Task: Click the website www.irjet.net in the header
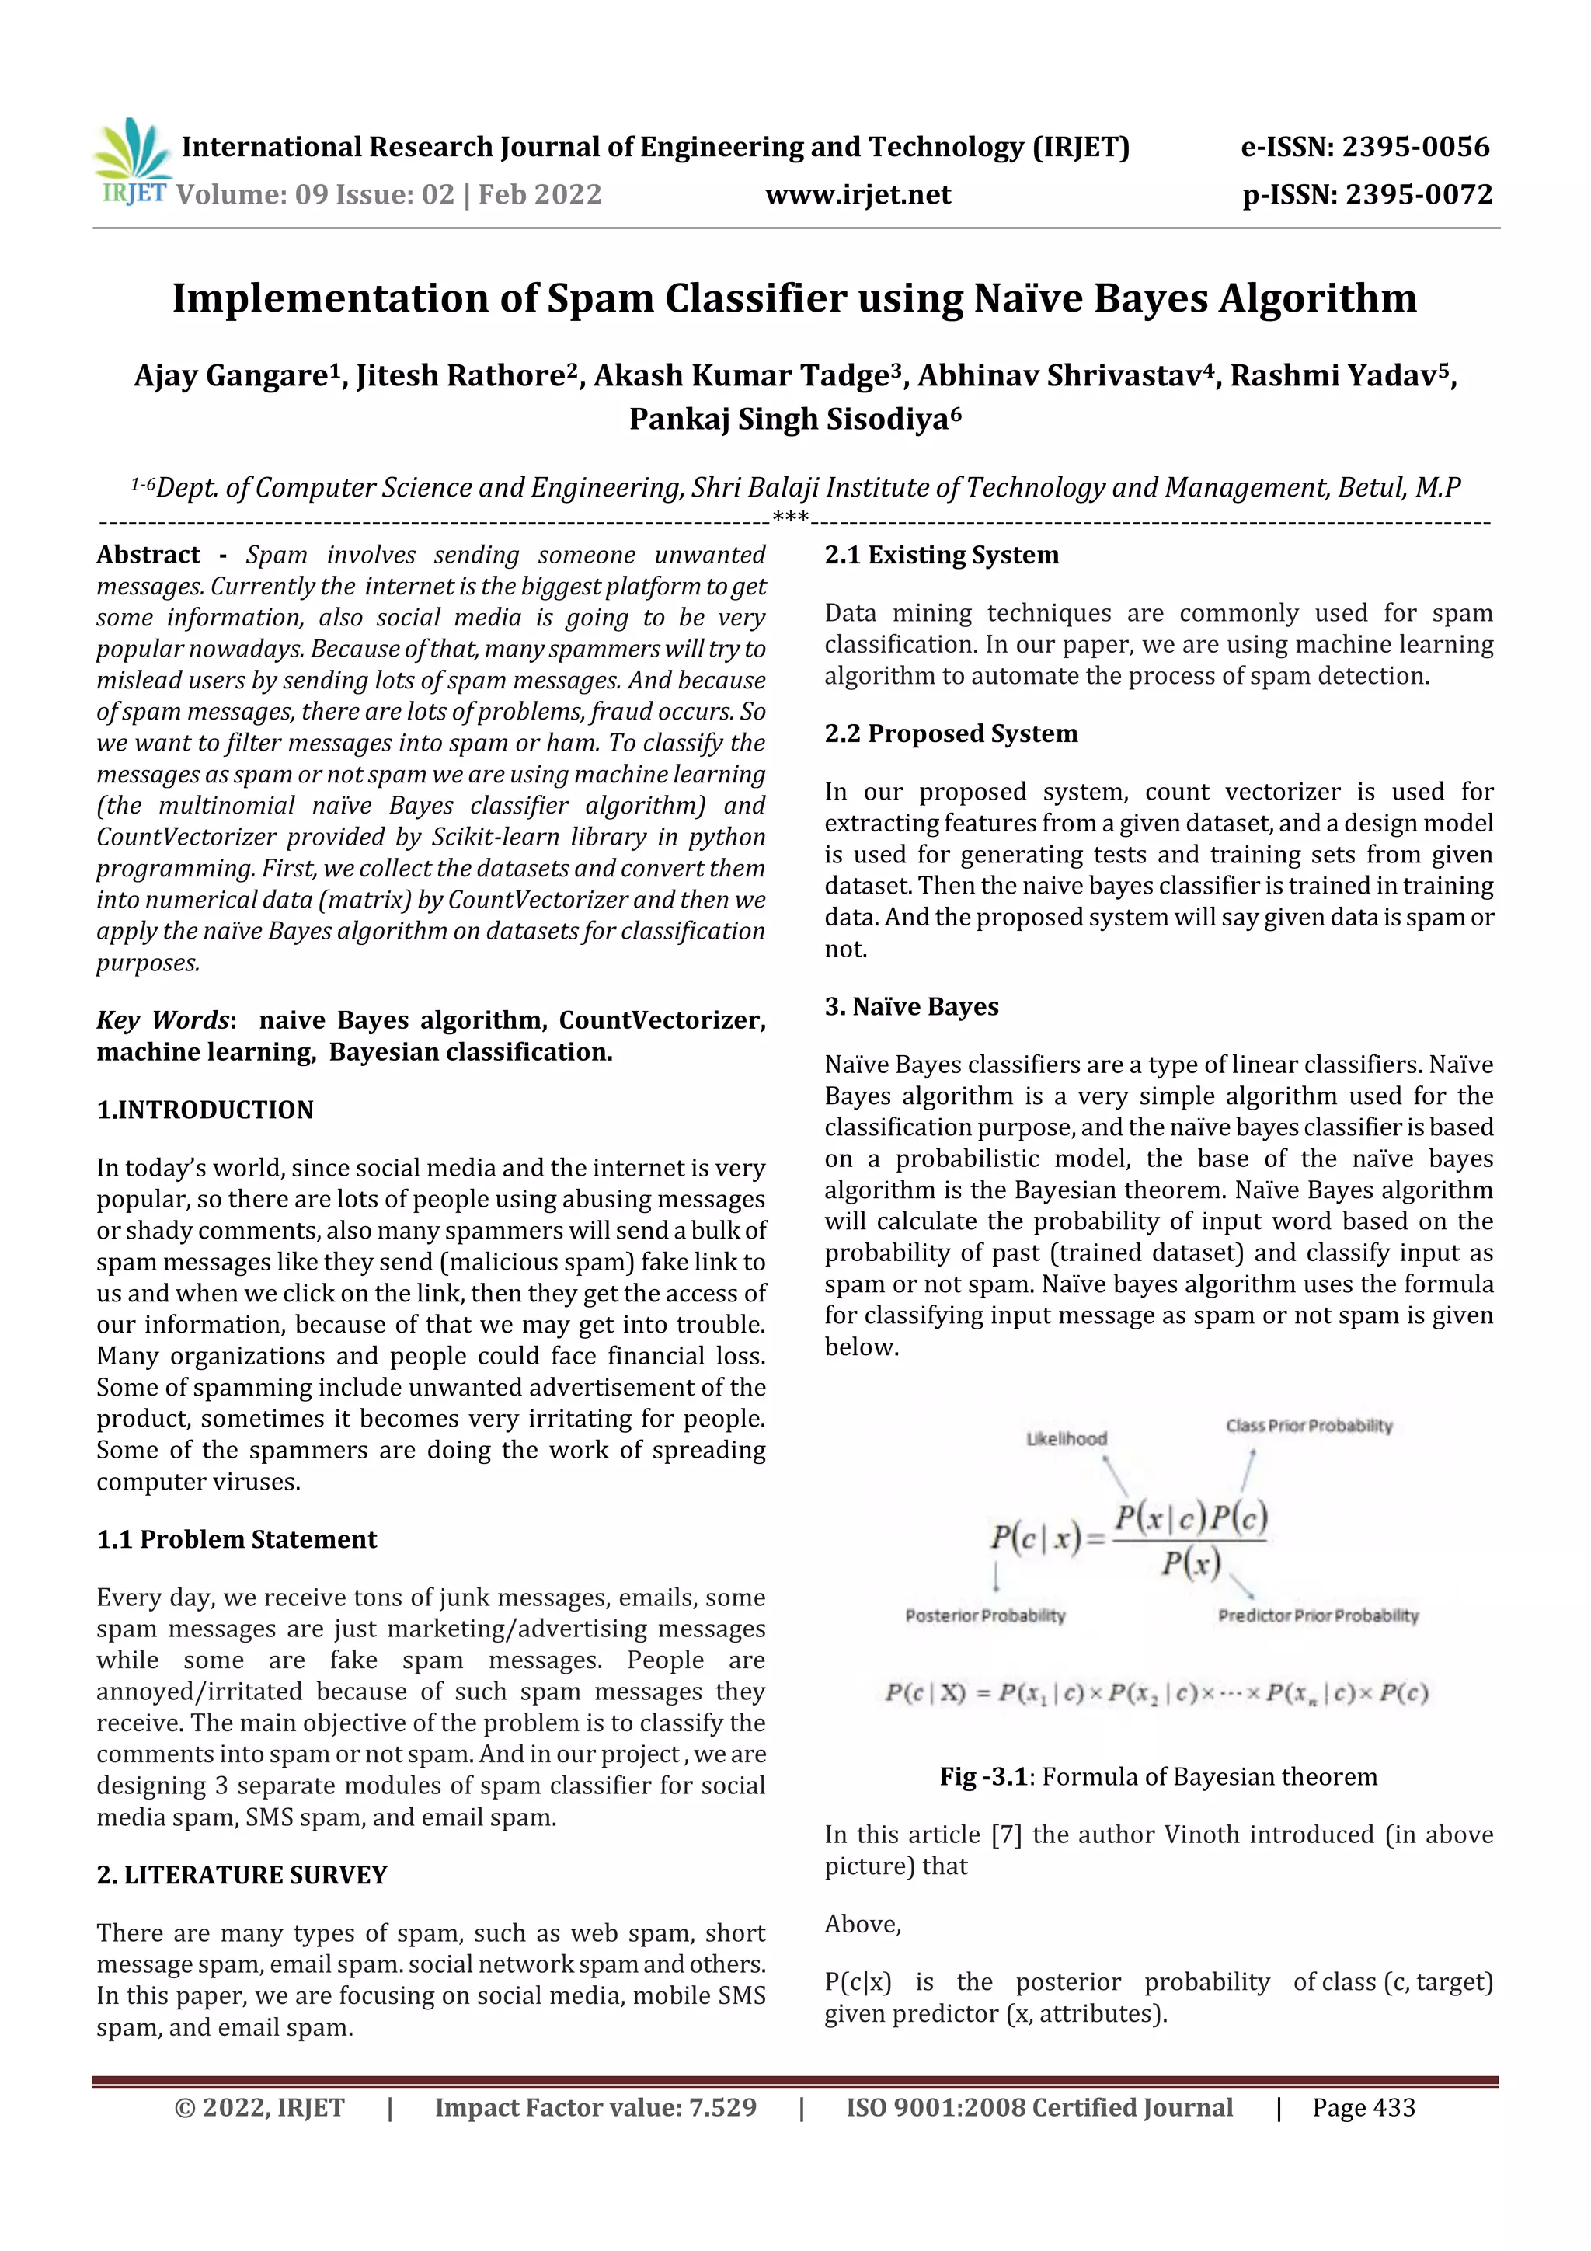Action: click(857, 195)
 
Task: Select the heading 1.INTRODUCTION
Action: click(205, 1110)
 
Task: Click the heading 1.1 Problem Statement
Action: click(236, 1539)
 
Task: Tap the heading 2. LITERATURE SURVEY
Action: click(242, 1874)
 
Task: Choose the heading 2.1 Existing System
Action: click(941, 555)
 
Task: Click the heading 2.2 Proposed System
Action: click(951, 733)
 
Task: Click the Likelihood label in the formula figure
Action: click(1066, 1438)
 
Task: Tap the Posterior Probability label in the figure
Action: click(984, 1615)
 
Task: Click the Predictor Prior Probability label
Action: click(1318, 1615)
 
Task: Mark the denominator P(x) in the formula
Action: click(1190, 1562)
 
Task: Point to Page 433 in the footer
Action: click(1363, 2108)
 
